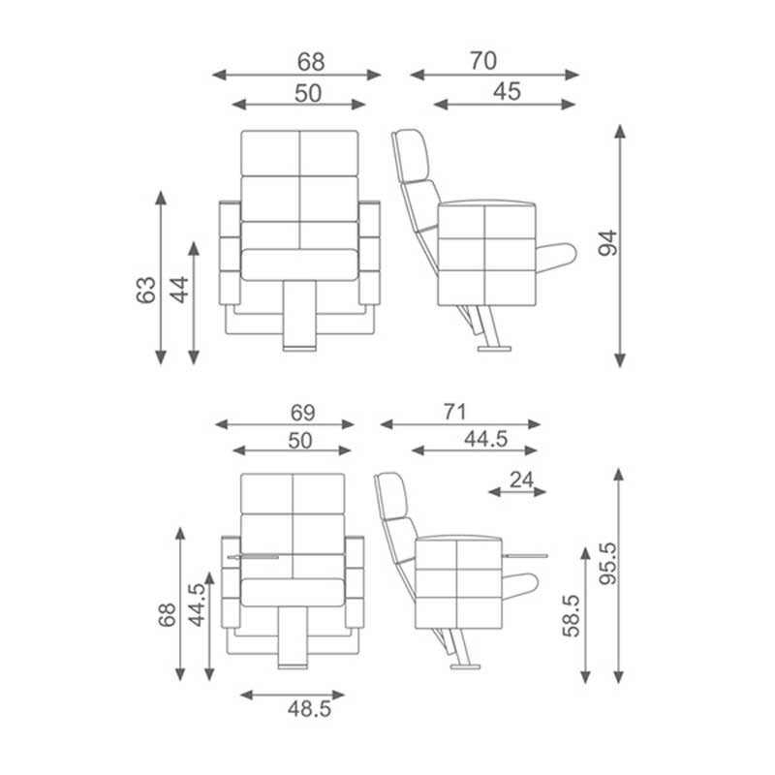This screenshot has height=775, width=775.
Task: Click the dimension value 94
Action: click(x=608, y=243)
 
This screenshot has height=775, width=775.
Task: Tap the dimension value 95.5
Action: click(x=608, y=564)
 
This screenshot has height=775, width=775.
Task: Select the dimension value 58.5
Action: click(x=571, y=616)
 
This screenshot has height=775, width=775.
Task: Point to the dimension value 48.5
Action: click(x=309, y=709)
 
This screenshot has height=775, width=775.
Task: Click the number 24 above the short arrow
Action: click(x=522, y=480)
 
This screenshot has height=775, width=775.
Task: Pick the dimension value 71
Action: click(x=454, y=412)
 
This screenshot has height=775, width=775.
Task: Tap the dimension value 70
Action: click(x=482, y=61)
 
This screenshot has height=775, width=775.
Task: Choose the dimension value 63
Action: click(x=146, y=290)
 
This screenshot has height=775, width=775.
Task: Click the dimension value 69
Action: click(x=302, y=413)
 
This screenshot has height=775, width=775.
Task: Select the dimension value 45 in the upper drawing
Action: click(x=507, y=91)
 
